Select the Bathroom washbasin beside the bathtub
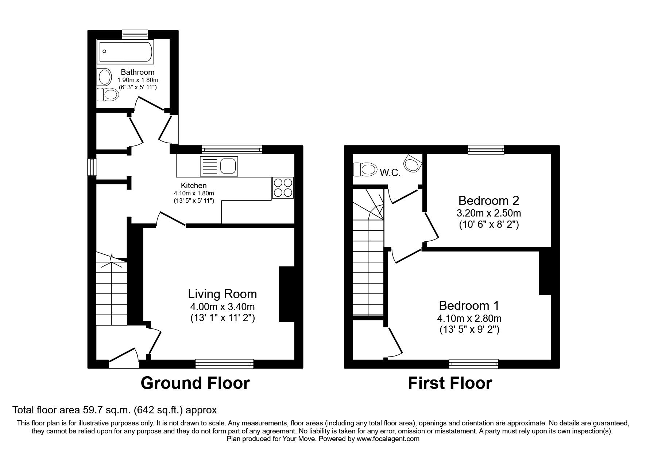pos(105,77)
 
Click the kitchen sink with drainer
pos(218,166)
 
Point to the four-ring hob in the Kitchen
pos(283,188)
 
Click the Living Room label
pos(222,294)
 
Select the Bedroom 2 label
pos(488,200)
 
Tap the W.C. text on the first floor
pos(390,173)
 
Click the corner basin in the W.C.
pos(413,163)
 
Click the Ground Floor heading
pos(195,383)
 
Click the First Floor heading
pos(449,383)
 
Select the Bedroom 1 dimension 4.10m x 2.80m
pos(469,319)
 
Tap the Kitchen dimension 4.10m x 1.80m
pos(194,194)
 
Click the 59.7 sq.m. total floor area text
pos(105,410)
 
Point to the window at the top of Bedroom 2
pos(486,149)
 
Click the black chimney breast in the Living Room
pos(286,294)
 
